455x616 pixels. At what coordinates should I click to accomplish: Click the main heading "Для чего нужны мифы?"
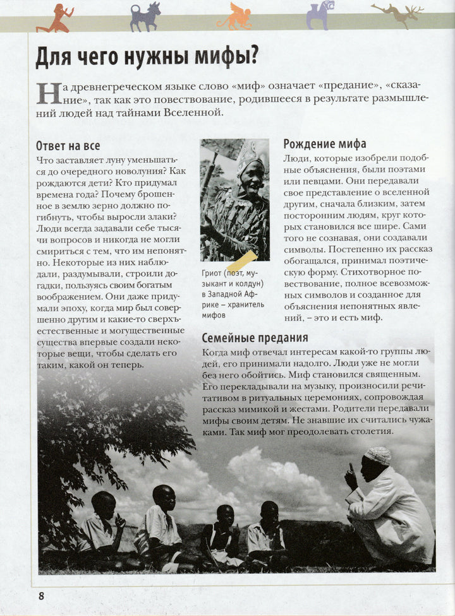tap(147, 57)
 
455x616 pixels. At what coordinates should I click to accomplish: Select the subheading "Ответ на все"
tap(68, 146)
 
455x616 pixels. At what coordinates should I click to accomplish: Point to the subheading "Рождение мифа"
tap(324, 144)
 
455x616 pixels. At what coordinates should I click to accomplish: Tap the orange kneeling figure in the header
tap(55, 18)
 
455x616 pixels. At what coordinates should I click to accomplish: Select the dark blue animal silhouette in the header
tap(145, 16)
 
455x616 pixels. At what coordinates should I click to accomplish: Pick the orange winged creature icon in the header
tap(234, 16)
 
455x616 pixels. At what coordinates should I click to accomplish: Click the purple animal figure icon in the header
tap(320, 15)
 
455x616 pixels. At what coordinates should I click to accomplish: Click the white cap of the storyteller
tap(378, 455)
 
